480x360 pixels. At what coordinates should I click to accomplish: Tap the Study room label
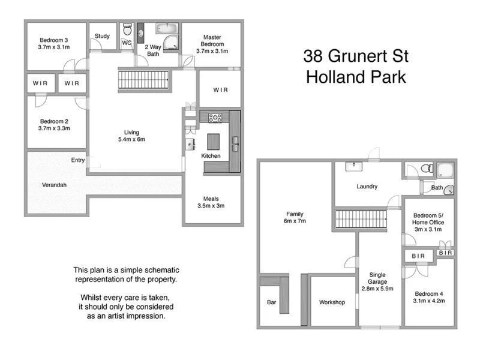tap(103, 36)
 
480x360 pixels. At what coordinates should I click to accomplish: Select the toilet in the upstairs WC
tap(127, 30)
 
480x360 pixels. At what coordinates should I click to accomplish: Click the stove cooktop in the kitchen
tap(215, 117)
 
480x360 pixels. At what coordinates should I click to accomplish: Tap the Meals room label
tap(212, 202)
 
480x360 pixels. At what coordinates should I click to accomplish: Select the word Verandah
tap(54, 185)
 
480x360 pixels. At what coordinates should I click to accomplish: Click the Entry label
tap(77, 160)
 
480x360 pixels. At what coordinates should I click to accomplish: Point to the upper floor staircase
tap(143, 79)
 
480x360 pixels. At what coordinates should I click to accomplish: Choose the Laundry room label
tap(367, 187)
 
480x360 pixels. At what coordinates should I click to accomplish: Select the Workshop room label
tap(332, 302)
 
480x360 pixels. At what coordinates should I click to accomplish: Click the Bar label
tap(271, 302)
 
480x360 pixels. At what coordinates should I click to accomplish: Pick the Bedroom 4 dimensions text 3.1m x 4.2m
tap(428, 301)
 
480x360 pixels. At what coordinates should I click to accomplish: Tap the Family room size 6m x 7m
tap(295, 221)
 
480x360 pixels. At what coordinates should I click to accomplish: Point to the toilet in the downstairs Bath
tap(425, 169)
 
